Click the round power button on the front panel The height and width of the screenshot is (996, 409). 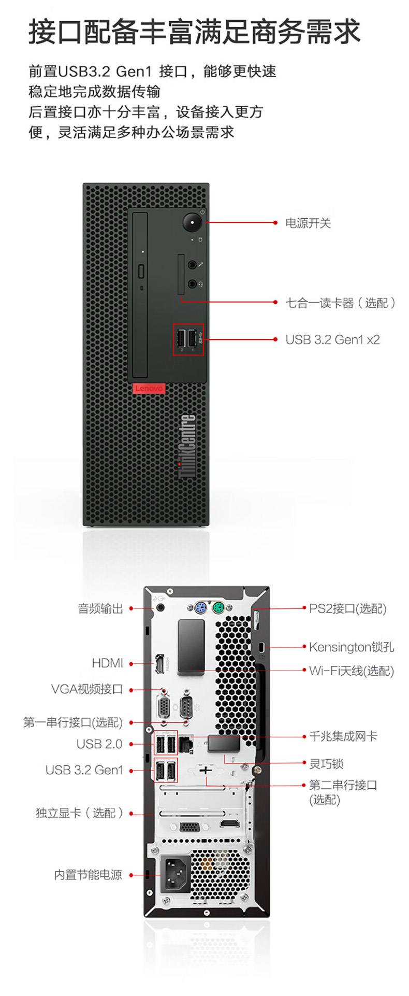coord(192,223)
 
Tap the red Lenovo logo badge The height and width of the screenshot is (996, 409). coord(149,388)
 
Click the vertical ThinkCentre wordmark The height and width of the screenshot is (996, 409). coord(187,446)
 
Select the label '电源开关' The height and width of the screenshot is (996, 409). coord(308,223)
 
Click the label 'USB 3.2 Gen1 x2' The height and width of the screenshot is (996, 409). coord(332,340)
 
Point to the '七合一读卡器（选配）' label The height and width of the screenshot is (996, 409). coord(341,303)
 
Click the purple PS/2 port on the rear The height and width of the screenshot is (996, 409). coord(201,607)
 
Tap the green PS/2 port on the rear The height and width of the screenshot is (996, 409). coord(218,607)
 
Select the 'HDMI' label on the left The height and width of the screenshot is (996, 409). coord(107,663)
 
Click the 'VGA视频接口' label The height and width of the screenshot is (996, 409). coord(87,689)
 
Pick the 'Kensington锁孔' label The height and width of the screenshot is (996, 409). coord(351,647)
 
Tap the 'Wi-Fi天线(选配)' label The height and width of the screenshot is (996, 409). coord(351,671)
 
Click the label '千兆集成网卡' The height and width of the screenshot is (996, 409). coord(343,736)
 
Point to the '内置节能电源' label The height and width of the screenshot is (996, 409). coord(88,875)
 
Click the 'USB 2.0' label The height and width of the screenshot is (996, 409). coord(99,744)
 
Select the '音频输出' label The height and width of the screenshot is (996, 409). coord(100,608)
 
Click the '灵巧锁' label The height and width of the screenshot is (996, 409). coord(326,764)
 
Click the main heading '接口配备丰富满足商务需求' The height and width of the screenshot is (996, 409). coord(194,32)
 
